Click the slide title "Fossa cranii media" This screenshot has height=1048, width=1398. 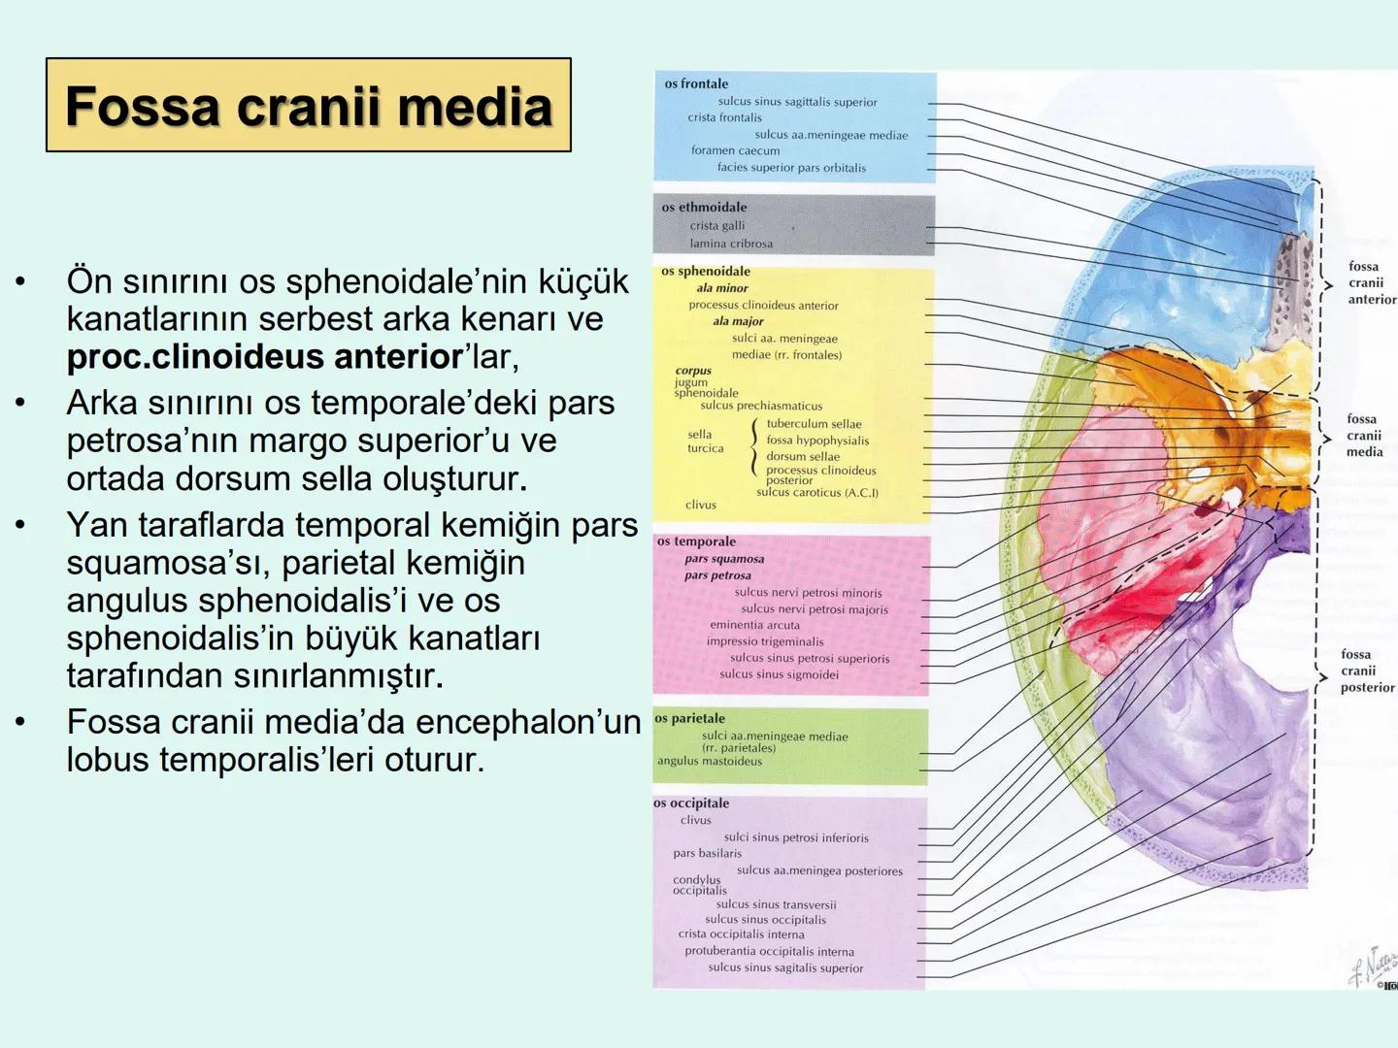click(x=309, y=106)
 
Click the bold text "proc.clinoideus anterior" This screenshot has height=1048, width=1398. click(x=265, y=357)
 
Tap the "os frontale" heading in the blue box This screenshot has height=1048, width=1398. click(x=696, y=84)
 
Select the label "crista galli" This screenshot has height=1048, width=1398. click(x=717, y=226)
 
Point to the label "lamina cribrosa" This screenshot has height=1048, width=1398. click(x=731, y=244)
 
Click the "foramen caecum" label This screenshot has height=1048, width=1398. click(x=735, y=150)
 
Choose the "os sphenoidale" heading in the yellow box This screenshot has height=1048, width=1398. click(x=706, y=272)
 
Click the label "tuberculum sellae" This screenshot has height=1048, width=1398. click(x=814, y=424)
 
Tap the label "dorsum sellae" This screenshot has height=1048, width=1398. click(x=803, y=456)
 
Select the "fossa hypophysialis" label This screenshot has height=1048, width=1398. click(x=817, y=441)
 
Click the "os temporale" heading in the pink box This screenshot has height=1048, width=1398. click(x=696, y=541)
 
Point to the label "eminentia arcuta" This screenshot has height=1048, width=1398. click(x=754, y=625)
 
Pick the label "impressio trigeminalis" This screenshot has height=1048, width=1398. click(x=765, y=641)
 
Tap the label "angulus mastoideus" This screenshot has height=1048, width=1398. click(x=710, y=762)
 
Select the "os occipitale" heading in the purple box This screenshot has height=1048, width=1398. click(x=691, y=803)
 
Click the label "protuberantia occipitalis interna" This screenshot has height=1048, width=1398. click(x=769, y=952)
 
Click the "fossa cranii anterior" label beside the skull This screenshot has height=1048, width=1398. click(x=1371, y=282)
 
